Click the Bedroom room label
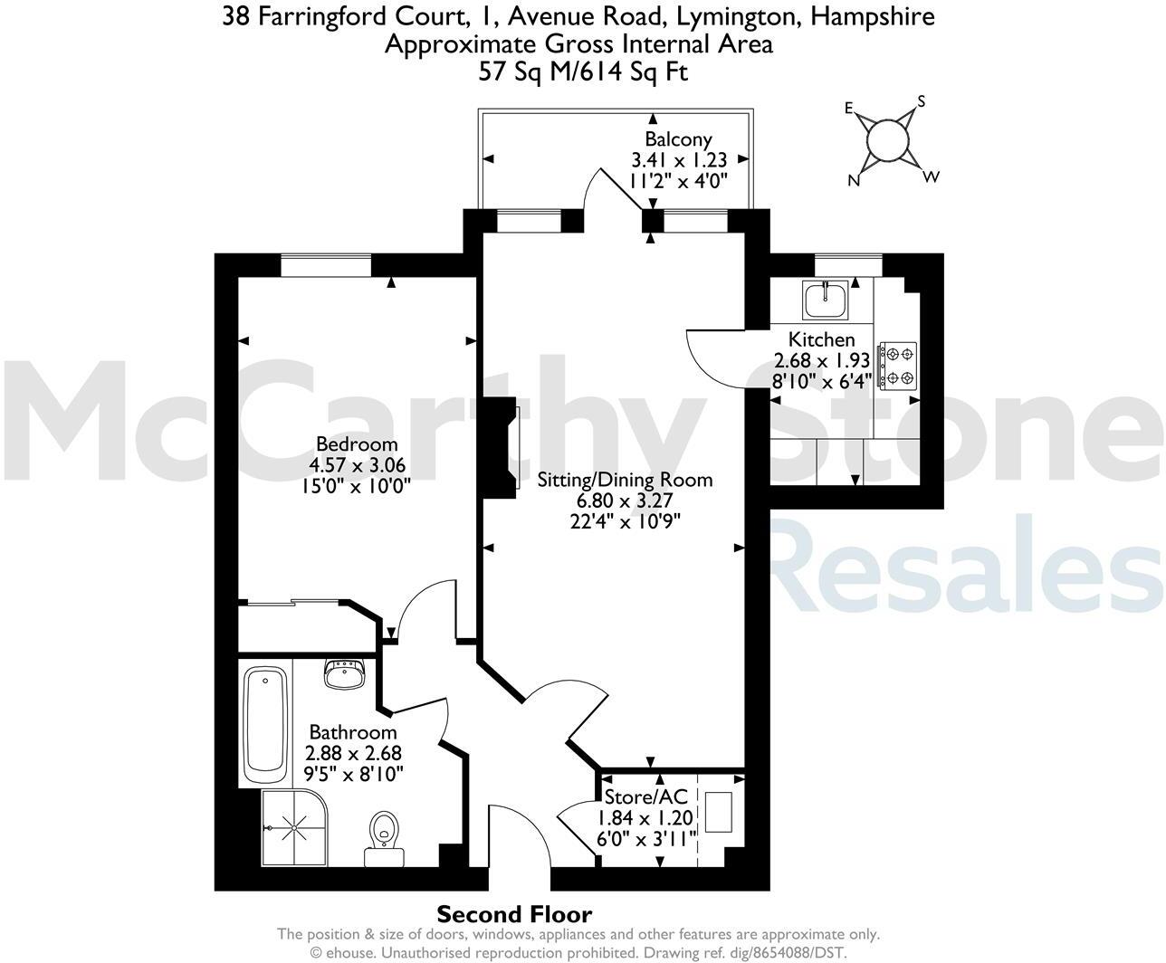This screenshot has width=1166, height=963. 357,443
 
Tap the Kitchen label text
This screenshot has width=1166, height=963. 821,339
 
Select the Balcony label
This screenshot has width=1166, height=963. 678,139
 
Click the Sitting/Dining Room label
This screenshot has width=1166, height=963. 625,480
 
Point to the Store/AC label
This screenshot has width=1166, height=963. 645,796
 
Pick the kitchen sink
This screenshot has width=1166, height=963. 826,299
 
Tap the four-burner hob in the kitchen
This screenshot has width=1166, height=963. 898,366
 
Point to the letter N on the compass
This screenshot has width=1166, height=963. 852,180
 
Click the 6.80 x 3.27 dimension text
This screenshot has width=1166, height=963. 625,501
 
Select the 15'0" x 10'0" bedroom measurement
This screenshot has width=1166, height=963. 357,486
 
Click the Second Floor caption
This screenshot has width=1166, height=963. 514,914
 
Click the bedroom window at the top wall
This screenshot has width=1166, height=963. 326,265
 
